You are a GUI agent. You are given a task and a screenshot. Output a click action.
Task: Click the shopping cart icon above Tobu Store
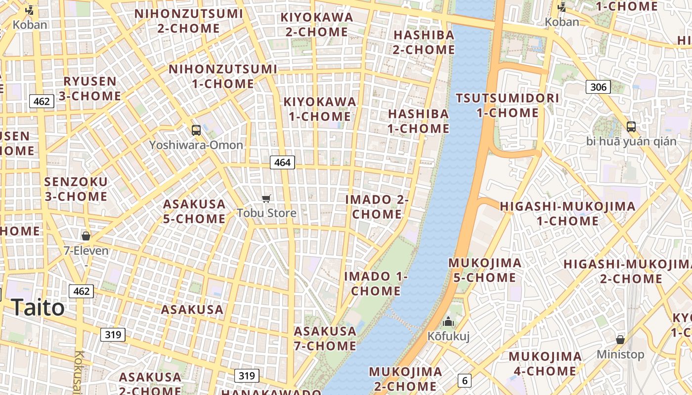266,198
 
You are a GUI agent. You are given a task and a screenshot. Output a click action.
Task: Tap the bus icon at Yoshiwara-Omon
196,130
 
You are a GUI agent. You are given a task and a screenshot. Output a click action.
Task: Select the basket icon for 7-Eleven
86,236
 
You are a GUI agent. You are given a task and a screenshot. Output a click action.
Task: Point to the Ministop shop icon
620,340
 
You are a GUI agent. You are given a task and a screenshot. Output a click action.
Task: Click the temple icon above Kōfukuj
448,322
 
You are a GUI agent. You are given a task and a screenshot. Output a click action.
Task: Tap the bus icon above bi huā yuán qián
631,126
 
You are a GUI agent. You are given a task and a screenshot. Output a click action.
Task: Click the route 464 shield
282,162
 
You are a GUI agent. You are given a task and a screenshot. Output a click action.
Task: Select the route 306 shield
598,87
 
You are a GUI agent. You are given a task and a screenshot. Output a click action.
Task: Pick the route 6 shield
464,380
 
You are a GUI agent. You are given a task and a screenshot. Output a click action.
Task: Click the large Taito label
38,308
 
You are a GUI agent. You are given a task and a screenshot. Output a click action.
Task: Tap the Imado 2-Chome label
377,207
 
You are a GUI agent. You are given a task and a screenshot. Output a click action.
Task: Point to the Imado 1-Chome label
376,283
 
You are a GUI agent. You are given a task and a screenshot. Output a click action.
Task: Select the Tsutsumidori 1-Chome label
507,105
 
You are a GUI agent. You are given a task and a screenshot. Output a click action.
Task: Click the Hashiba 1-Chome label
418,121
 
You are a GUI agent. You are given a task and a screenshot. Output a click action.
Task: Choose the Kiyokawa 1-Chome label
319,109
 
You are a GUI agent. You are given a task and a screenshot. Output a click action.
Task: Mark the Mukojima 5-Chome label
484,270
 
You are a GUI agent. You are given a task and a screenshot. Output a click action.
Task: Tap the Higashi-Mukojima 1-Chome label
567,213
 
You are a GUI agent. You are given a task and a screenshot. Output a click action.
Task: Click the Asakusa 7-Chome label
325,338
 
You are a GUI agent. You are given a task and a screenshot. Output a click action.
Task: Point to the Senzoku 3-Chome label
76,189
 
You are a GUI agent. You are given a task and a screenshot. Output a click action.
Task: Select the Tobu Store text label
266,213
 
